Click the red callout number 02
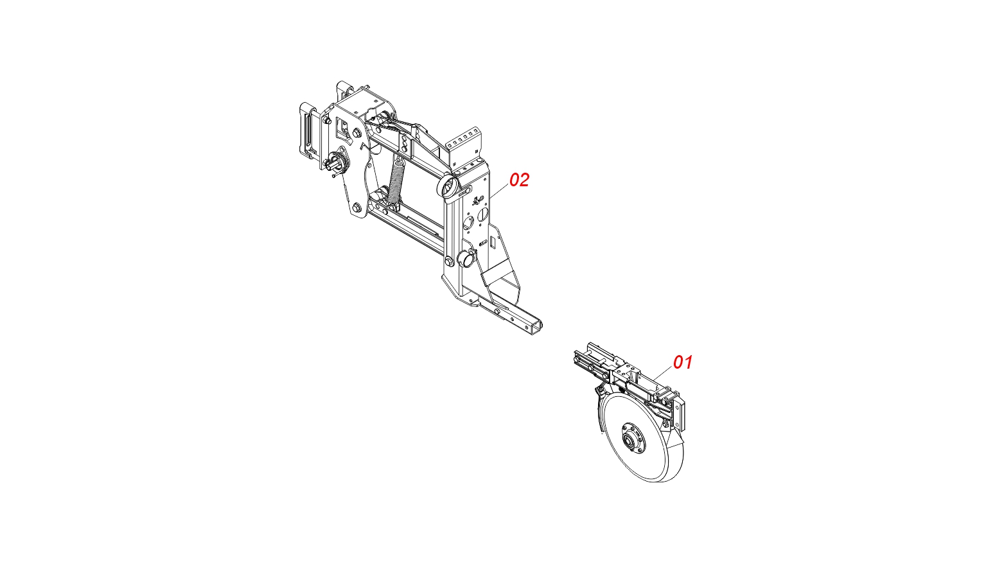click(x=520, y=180)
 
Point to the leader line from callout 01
click(x=663, y=373)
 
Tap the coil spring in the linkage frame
click(x=396, y=181)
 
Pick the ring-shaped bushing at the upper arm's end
click(x=446, y=187)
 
